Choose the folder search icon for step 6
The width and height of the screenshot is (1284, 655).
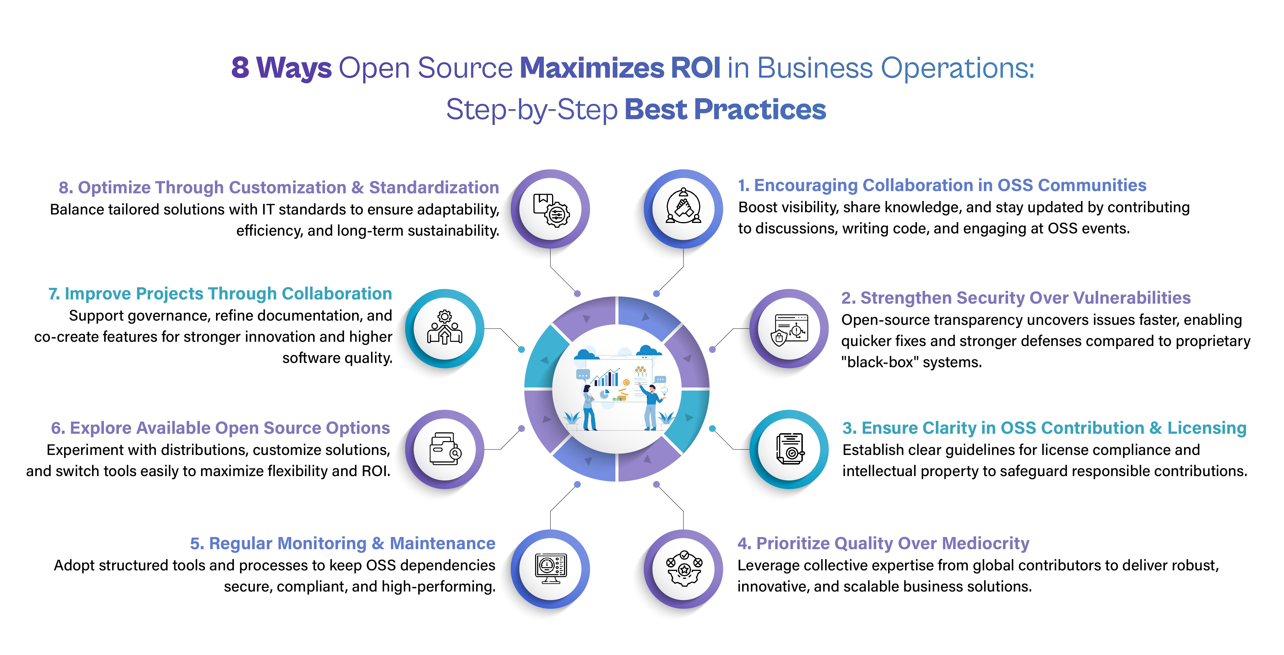[x=445, y=449]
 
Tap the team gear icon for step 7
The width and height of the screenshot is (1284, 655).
[x=445, y=329]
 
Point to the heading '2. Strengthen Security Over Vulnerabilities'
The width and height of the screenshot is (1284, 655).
[x=1015, y=297]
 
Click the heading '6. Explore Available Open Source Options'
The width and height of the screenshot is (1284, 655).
[x=220, y=428]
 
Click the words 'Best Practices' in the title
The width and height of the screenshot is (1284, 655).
[x=725, y=109]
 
